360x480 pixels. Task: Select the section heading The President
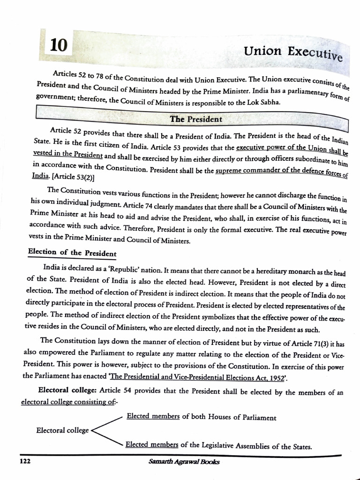point(196,119)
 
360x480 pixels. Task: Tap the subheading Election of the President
point(72,252)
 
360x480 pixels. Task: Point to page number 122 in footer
point(24,461)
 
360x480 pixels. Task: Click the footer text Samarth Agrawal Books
point(183,461)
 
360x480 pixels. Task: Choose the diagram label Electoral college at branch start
point(62,430)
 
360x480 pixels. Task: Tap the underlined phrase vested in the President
point(68,154)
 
